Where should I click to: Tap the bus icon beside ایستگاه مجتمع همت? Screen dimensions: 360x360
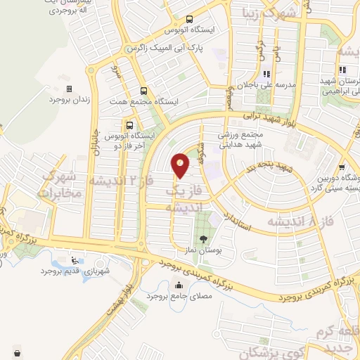144,91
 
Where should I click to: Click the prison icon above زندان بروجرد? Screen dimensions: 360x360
69,89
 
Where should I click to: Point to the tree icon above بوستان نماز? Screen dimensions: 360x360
203,240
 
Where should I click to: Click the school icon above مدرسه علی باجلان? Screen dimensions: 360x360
266,73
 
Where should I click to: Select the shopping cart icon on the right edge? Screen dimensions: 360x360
341,167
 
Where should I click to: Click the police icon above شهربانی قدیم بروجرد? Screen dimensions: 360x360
75,261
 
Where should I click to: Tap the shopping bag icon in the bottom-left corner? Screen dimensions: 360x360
16,352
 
